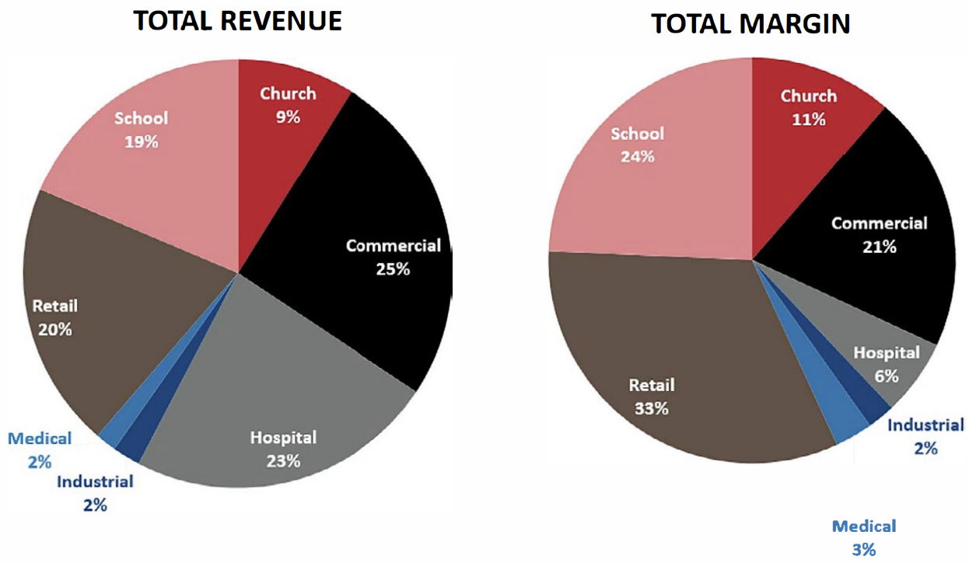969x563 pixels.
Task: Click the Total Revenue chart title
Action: (x=237, y=21)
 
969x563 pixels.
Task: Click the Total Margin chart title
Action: (x=750, y=23)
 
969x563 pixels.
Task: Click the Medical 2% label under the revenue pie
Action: (x=40, y=450)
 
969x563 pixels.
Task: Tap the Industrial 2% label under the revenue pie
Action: (x=95, y=493)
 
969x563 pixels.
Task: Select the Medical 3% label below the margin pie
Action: (x=864, y=538)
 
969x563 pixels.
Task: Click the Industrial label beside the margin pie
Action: (x=925, y=425)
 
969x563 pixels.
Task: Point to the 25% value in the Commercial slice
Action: (x=393, y=269)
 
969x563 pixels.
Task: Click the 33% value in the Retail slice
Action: (x=652, y=408)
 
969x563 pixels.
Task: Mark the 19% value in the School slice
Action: (x=142, y=142)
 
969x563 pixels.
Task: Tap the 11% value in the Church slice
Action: (x=809, y=119)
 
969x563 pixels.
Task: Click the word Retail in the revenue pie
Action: (x=55, y=306)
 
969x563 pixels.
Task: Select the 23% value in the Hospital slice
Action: (x=283, y=461)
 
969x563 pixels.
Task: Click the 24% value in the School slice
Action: (x=638, y=156)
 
